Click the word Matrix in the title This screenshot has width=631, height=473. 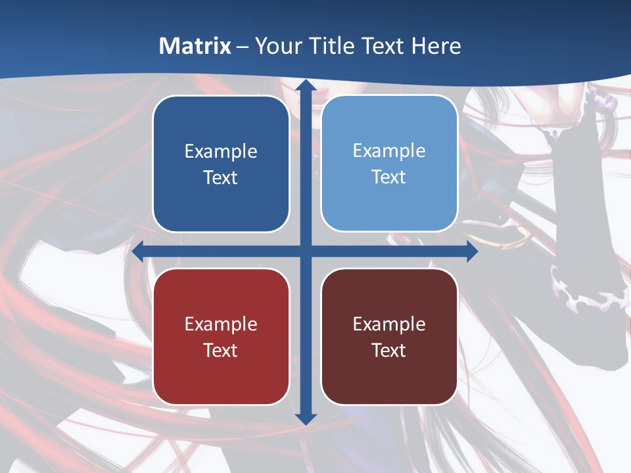pyautogui.click(x=195, y=46)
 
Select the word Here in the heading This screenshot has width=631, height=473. pyautogui.click(x=436, y=46)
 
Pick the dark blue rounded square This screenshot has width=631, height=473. pyautogui.click(x=221, y=164)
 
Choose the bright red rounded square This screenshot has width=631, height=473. pyautogui.click(x=221, y=336)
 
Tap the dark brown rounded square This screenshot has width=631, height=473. pyautogui.click(x=389, y=336)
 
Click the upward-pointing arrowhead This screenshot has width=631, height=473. pyautogui.click(x=306, y=86)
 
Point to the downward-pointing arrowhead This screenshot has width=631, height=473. pyautogui.click(x=306, y=418)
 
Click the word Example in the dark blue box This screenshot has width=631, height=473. pyautogui.click(x=221, y=152)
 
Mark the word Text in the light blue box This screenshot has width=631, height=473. pyautogui.click(x=389, y=177)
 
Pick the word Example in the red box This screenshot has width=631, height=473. pyautogui.click(x=221, y=325)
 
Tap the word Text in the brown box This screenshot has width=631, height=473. pyautogui.click(x=389, y=350)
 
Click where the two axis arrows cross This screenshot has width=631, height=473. pyautogui.click(x=306, y=252)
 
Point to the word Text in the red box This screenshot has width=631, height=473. pyautogui.click(x=221, y=350)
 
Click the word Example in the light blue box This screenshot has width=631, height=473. pyautogui.click(x=389, y=151)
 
